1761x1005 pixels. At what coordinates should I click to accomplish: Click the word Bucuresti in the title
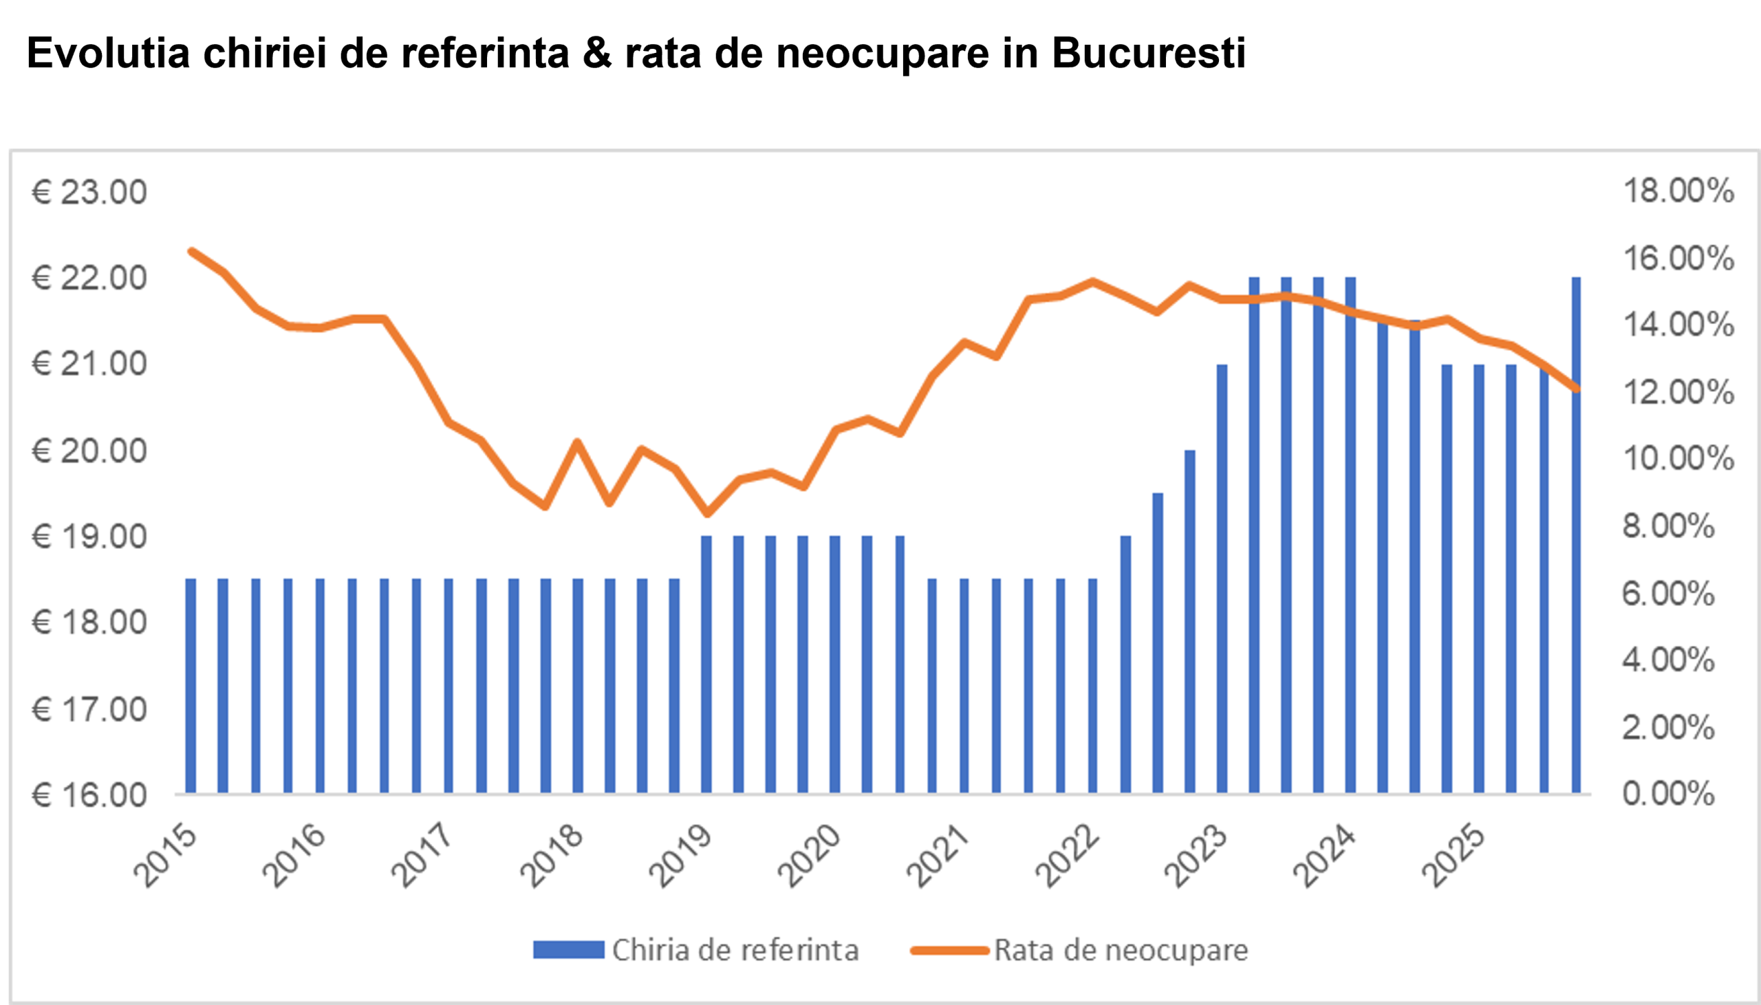click(1148, 53)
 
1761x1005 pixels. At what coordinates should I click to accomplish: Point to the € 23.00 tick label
click(89, 192)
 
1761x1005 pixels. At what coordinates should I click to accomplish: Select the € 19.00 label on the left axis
click(89, 537)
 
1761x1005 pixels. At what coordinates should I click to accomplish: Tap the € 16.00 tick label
click(89, 795)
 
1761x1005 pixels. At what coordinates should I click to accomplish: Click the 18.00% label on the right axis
click(1678, 191)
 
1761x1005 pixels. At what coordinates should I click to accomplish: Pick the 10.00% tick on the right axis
click(1678, 458)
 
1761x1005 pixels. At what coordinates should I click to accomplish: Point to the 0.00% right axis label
click(1669, 794)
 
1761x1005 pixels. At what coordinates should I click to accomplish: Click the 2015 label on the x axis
click(166, 856)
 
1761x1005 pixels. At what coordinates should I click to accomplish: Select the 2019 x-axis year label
click(680, 856)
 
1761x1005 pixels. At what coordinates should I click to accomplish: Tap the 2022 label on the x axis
click(1067, 856)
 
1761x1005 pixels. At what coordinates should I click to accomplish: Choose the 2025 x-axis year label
click(1454, 856)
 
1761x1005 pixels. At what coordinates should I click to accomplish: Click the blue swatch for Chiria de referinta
click(569, 950)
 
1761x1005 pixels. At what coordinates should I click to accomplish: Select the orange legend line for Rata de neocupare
click(950, 951)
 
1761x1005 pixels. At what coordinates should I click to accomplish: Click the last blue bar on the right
click(1576, 535)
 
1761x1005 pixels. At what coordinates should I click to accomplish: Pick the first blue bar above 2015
click(191, 685)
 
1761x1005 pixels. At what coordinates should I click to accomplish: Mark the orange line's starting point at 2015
click(191, 251)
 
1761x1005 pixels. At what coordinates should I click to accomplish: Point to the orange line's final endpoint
click(1576, 389)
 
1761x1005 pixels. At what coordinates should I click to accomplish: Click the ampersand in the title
click(597, 53)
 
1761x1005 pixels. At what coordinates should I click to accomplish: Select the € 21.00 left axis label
click(89, 364)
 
